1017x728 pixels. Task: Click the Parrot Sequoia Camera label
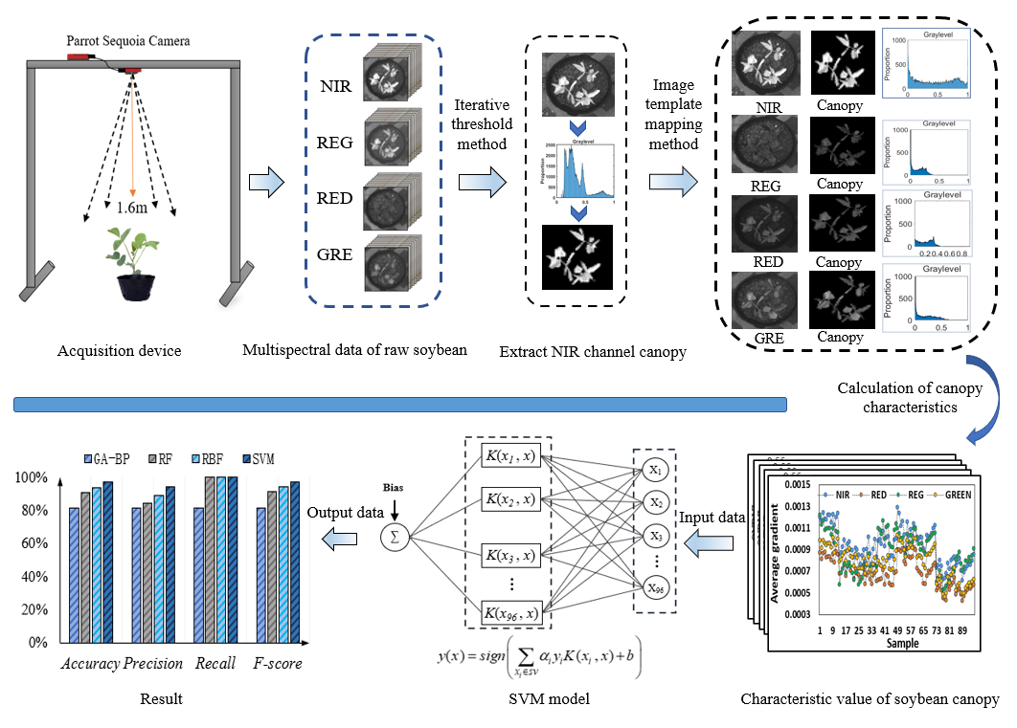128,41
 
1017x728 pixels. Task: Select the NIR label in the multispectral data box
336,89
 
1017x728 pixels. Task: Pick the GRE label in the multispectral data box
336,254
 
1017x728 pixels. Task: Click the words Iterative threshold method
482,123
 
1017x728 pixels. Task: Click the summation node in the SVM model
393,538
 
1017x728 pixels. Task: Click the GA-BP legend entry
107,459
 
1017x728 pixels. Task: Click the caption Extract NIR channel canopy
593,352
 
